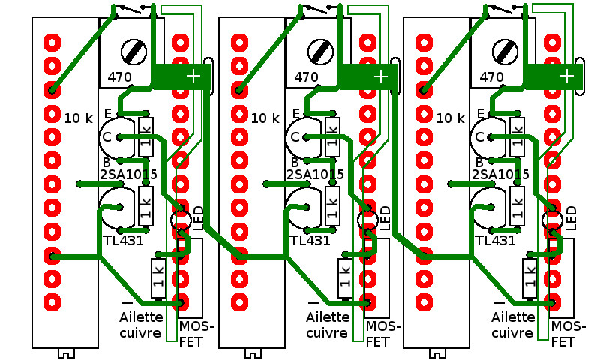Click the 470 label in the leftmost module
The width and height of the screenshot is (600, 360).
120,76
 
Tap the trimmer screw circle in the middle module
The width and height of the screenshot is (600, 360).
321,52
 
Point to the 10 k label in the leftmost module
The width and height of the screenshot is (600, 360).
78,118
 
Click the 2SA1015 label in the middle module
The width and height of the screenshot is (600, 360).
315,175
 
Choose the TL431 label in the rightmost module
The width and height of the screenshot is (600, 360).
496,241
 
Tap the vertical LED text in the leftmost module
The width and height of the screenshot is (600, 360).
198,218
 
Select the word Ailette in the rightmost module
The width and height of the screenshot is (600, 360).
514,317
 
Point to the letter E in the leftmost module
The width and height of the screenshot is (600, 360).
108,113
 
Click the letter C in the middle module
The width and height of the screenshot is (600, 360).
295,137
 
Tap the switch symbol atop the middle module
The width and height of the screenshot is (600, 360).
320,9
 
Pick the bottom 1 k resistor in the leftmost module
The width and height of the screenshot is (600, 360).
157,277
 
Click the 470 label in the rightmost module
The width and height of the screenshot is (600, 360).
491,76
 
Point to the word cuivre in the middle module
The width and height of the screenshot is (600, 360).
327,332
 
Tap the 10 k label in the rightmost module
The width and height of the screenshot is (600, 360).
450,118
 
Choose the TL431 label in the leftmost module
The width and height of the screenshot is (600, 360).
122,241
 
